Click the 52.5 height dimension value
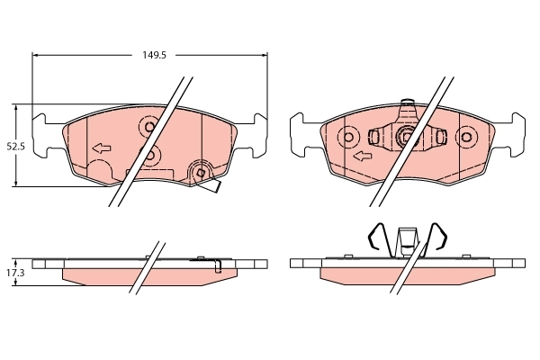pyautogui.click(x=15, y=145)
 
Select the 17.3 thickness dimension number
pyautogui.click(x=15, y=271)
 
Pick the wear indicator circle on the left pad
pyautogui.click(x=201, y=171)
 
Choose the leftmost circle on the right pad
pyautogui.click(x=348, y=138)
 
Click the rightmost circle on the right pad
pyautogui.click(x=465, y=138)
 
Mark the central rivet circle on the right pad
pyautogui.click(x=406, y=138)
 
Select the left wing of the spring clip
pyautogui.click(x=377, y=236)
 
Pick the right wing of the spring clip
pyautogui.click(x=439, y=236)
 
